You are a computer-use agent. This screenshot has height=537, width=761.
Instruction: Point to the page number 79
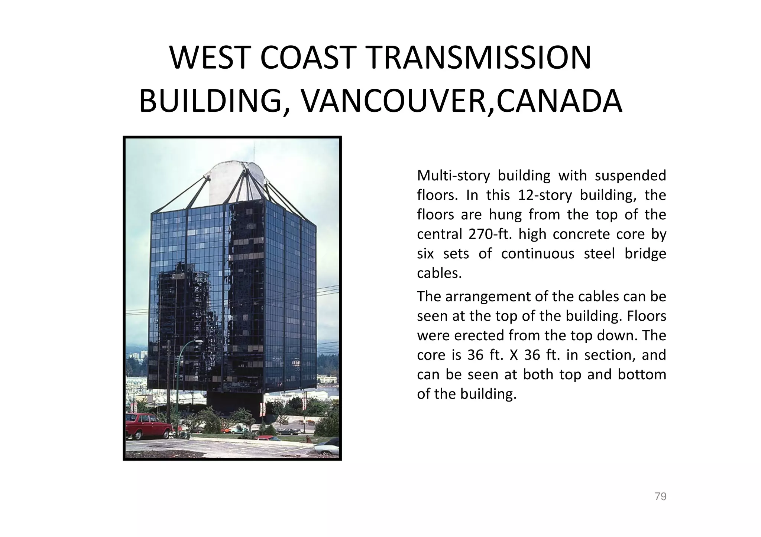[x=660, y=497]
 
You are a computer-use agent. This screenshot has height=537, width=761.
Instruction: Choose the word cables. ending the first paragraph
[x=439, y=274]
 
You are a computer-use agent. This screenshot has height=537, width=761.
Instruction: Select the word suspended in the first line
[x=630, y=176]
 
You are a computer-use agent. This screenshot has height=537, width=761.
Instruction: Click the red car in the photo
[x=146, y=425]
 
